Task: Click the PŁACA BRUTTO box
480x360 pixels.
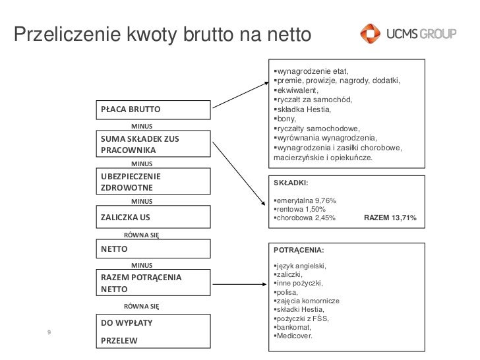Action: [x=154, y=109]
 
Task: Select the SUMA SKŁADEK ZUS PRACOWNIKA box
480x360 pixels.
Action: [x=154, y=145]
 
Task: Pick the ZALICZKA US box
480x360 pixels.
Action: [x=154, y=216]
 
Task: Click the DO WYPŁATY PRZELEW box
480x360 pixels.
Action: [x=154, y=332]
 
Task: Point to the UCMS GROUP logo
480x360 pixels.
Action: [x=407, y=33]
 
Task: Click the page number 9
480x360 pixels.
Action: [x=49, y=331]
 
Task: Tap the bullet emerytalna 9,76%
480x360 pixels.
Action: [x=306, y=200]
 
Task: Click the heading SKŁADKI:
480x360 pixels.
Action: [x=291, y=184]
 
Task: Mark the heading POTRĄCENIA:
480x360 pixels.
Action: [x=298, y=251]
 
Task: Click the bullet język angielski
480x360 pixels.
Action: [x=301, y=266]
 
